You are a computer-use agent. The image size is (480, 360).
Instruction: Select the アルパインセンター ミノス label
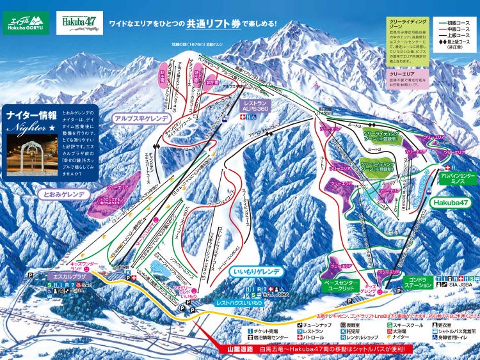coord(458,178)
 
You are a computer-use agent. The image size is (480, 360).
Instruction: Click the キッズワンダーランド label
coord(84,264)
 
